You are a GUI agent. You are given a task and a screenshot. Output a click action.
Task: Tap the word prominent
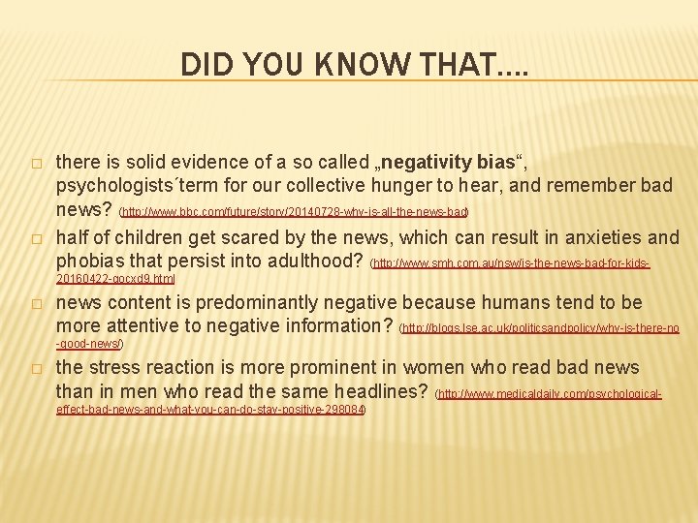317,368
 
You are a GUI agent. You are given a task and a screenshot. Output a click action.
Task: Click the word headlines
373,392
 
